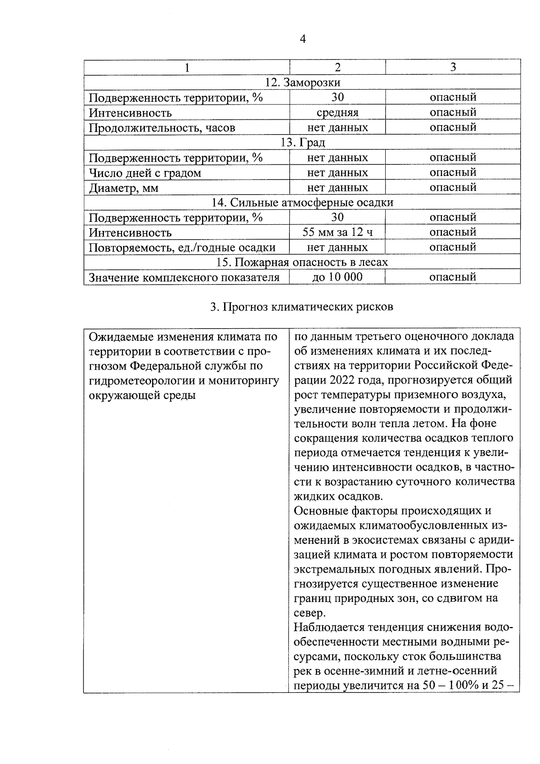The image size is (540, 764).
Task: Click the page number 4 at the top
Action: click(x=302, y=40)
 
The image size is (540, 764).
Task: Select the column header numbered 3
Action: click(x=453, y=67)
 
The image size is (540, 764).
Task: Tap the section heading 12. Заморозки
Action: click(x=302, y=82)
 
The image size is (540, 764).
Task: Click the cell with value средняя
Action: click(x=337, y=112)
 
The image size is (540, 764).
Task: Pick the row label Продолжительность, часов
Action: click(x=162, y=128)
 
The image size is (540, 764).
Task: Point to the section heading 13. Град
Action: click(x=302, y=143)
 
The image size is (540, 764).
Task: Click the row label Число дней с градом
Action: click(x=145, y=173)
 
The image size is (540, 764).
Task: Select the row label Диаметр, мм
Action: click(x=124, y=188)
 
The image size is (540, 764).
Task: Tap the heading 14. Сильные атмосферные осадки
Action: click(x=302, y=203)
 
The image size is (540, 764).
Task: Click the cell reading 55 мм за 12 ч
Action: click(x=337, y=232)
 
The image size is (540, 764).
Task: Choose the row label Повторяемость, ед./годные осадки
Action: click(x=182, y=248)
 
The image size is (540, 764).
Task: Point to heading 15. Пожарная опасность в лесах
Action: click(x=302, y=262)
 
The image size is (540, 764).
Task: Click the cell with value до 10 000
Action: click(x=337, y=277)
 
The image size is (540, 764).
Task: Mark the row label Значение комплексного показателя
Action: click(x=184, y=277)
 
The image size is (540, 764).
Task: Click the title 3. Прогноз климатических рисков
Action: click(x=302, y=307)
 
